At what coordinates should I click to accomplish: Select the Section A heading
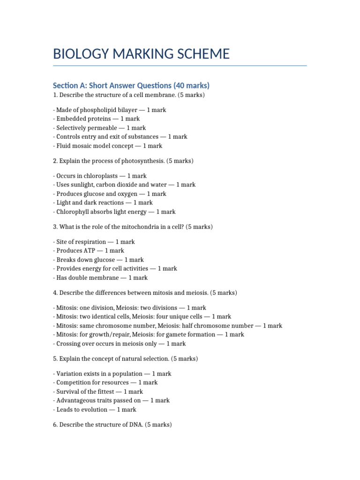pos(131,85)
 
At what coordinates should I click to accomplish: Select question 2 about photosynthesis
pos(123,161)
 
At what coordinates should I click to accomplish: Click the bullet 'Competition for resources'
pos(105,382)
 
